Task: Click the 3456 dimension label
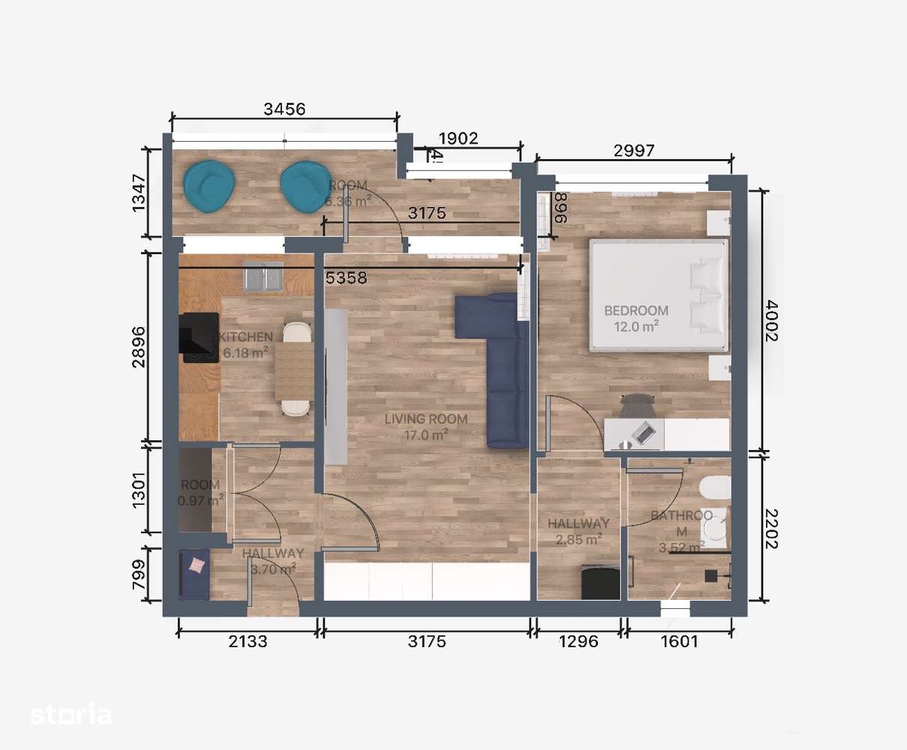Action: pos(284,109)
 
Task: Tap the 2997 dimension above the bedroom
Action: pos(634,150)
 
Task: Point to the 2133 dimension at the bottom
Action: pos(247,641)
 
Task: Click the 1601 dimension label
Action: pos(679,641)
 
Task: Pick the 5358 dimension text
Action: pos(346,278)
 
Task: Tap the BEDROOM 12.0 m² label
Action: pos(636,317)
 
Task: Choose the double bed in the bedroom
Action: pos(659,295)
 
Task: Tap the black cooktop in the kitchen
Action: pos(198,337)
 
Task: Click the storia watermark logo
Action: pos(71,715)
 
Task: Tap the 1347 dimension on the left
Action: pos(139,193)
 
